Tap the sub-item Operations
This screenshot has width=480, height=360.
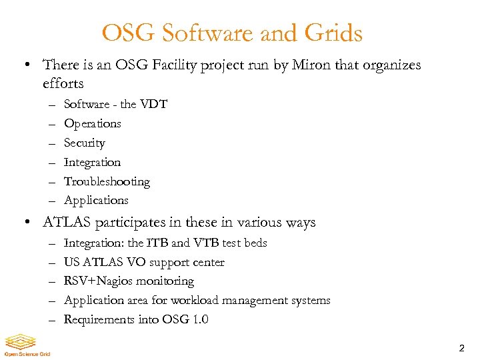point(92,123)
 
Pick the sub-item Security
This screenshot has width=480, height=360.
point(84,143)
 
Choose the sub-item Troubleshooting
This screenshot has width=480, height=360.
point(107,181)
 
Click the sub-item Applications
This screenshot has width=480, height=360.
point(96,200)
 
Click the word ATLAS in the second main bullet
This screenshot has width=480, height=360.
point(65,222)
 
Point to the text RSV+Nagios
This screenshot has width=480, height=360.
point(95,281)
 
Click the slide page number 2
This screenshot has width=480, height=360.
point(461,349)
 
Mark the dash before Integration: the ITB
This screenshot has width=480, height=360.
point(52,243)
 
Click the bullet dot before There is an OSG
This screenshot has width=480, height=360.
point(24,65)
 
